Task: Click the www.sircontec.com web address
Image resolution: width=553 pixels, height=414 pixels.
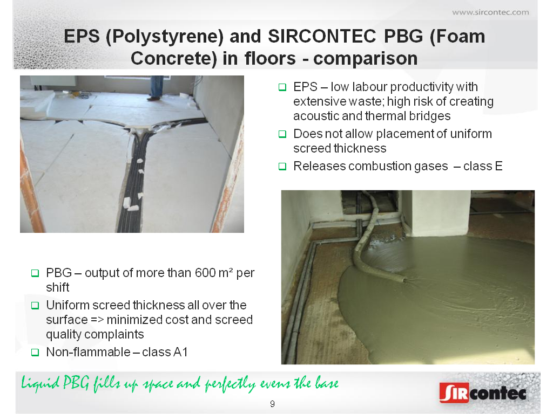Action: click(x=490, y=13)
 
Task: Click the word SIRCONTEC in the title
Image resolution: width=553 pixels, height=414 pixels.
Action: click(x=322, y=36)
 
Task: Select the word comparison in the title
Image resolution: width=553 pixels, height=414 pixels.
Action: click(x=366, y=58)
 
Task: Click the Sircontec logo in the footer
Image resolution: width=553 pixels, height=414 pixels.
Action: click(x=483, y=392)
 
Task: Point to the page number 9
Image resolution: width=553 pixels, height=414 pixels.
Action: click(x=272, y=404)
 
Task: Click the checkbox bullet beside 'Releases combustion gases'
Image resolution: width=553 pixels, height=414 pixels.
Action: click(x=282, y=166)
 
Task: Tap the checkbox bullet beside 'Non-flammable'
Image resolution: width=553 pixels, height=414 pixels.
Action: click(x=35, y=352)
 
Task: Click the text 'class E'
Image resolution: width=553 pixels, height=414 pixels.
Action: click(x=483, y=166)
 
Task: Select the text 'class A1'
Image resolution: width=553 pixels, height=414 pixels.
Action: click(x=165, y=352)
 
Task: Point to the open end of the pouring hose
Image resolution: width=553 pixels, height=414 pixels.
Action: click(x=404, y=280)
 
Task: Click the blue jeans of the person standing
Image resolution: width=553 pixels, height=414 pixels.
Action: click(x=156, y=86)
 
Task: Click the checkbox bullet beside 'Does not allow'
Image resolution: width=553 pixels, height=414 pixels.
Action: click(x=282, y=134)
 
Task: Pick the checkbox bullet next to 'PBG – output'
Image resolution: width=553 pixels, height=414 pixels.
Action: click(x=35, y=273)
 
